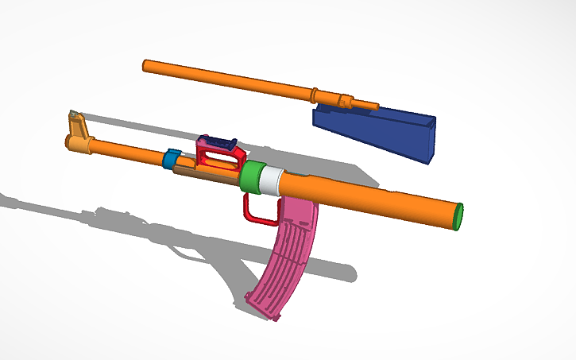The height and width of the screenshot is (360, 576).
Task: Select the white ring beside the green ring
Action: point(271,182)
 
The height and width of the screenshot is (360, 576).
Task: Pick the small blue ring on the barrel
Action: point(170,159)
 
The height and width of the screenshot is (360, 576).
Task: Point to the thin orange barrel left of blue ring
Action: point(127,149)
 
